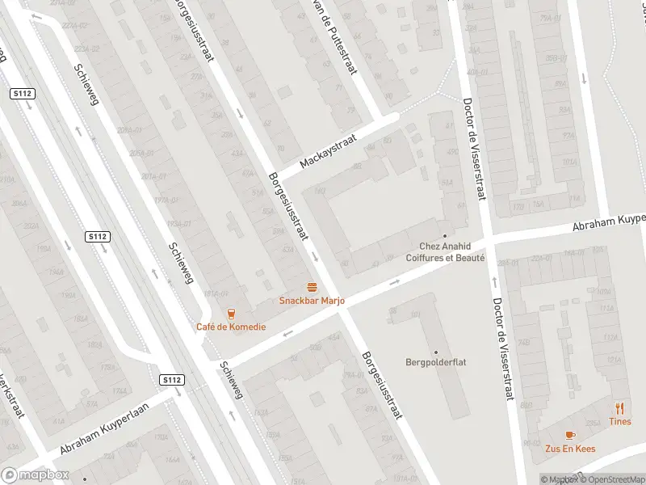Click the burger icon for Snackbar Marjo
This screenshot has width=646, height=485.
click(312, 287)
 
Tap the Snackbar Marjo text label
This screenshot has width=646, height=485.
click(312, 301)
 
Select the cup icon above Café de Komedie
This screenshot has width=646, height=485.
click(231, 314)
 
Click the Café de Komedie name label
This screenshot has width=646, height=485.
click(230, 327)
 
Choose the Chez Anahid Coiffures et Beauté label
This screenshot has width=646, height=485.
click(451, 252)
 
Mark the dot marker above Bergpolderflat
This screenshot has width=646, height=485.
click(435, 352)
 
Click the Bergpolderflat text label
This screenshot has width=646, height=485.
click(435, 363)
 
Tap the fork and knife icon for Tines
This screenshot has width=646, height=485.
click(620, 408)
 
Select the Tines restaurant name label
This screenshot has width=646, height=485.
click(620, 421)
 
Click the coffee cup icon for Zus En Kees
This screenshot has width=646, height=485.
click(570, 435)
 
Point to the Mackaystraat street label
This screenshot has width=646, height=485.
click(328, 151)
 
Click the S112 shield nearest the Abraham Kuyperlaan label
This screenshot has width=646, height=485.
click(171, 379)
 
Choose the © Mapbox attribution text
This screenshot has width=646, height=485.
click(559, 479)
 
